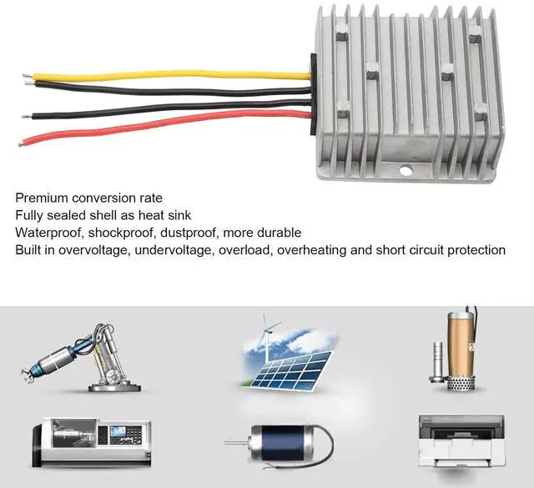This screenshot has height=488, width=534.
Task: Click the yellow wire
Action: (x=167, y=76)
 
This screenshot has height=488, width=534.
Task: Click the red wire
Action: (x=167, y=126)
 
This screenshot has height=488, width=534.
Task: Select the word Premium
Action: (x=43, y=198)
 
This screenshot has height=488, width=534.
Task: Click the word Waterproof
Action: (x=48, y=233)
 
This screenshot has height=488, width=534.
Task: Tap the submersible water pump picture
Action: (x=456, y=350)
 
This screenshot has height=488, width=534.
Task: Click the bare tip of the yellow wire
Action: (x=28, y=79)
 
